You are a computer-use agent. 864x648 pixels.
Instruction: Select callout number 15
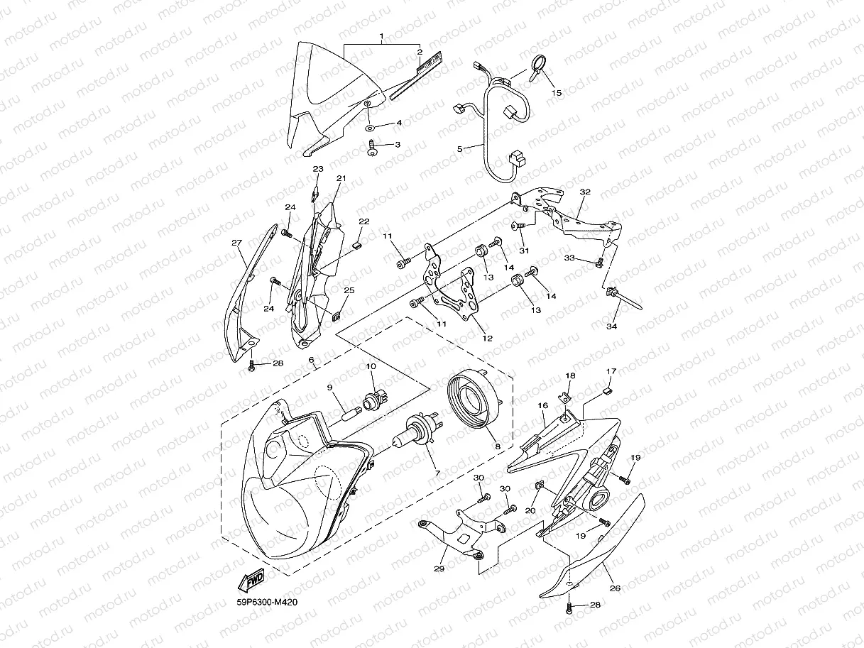click(556, 92)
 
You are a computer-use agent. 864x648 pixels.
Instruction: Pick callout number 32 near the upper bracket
click(585, 192)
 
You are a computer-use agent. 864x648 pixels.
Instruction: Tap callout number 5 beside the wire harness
click(460, 149)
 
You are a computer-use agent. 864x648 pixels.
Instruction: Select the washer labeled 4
click(372, 131)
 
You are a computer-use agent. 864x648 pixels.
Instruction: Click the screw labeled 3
click(373, 148)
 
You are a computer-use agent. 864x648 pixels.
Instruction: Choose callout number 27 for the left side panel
click(237, 243)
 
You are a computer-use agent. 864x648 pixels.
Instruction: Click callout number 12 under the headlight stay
click(487, 338)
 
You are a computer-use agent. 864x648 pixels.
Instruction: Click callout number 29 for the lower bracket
click(439, 569)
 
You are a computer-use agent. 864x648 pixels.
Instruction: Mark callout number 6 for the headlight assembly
click(311, 360)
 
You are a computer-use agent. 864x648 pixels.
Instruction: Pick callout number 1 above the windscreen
click(381, 35)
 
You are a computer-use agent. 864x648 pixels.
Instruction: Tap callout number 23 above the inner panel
click(318, 169)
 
